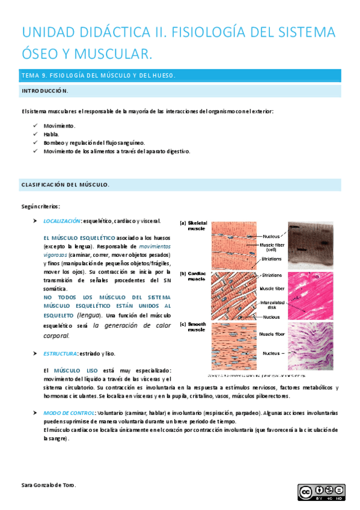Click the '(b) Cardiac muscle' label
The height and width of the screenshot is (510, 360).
[x=197, y=276]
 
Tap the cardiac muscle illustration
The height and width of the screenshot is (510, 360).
[x=234, y=295]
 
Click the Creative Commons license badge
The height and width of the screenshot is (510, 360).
[x=321, y=492]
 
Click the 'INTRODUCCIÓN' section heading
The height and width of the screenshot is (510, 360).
[x=45, y=91]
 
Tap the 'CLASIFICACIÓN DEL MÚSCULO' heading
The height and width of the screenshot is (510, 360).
[x=65, y=185]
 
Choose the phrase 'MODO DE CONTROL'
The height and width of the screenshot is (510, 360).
[x=68, y=413]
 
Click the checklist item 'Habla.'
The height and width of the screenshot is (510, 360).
[x=51, y=134]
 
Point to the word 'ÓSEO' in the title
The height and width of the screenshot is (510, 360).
[x=41, y=55]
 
